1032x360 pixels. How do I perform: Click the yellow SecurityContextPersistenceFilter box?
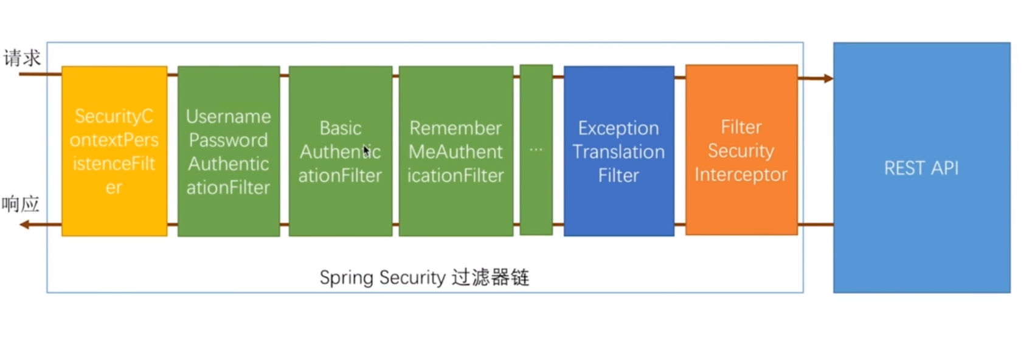click(114, 151)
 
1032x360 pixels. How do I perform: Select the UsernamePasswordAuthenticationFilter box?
click(229, 151)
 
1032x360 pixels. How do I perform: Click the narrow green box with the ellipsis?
click(536, 150)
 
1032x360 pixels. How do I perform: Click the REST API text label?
click(921, 168)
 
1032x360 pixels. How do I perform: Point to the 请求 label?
click(22, 58)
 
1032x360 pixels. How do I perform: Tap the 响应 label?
click(21, 204)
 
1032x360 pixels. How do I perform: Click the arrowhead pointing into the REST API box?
click(828, 78)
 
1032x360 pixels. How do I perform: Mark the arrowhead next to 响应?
click(25, 225)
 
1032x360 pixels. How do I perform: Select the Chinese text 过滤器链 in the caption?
click(490, 278)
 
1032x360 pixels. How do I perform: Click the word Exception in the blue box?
click(618, 128)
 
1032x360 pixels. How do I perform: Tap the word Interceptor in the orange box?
click(741, 175)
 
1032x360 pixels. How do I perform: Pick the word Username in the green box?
click(228, 116)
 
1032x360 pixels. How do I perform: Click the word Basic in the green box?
click(340, 128)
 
